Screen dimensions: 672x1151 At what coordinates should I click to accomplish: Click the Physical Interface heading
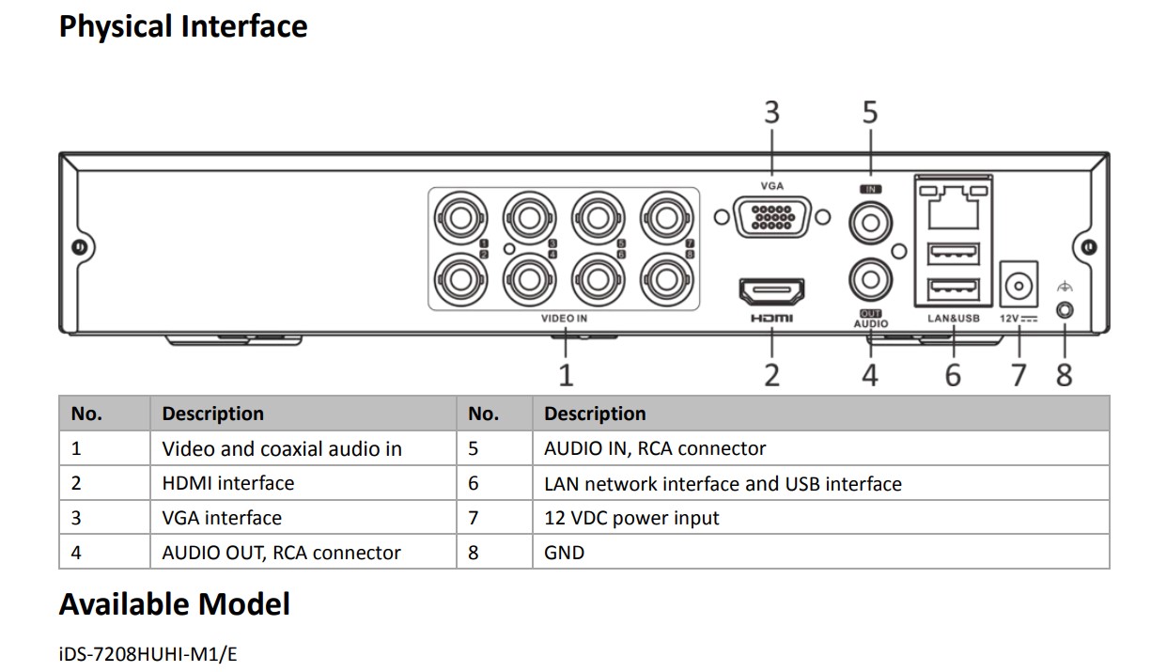[183, 26]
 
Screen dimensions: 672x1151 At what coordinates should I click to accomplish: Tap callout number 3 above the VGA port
[771, 113]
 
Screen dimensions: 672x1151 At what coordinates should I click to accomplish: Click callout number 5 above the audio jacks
[870, 113]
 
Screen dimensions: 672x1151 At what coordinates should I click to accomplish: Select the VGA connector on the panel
[770, 218]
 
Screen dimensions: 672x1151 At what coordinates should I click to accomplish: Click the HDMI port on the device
[771, 292]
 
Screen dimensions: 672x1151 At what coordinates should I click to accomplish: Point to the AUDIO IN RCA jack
[869, 223]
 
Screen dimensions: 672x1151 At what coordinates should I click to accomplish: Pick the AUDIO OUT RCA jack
[869, 279]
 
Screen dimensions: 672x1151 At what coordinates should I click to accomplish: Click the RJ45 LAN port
[954, 206]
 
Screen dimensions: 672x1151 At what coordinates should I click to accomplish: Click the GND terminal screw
[1065, 309]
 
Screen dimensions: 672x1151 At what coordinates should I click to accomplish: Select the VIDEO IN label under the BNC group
[565, 320]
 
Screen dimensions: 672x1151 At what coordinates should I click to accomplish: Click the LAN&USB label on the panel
[954, 319]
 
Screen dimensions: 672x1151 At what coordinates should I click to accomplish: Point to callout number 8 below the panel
[1064, 376]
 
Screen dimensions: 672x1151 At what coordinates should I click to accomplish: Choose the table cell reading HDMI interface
[228, 484]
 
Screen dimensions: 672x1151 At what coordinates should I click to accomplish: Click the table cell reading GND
[565, 553]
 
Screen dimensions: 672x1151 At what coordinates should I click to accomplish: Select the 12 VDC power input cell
[631, 518]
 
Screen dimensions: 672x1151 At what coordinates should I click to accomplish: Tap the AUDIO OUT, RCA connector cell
[282, 553]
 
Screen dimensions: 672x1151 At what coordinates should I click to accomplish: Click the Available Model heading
[175, 604]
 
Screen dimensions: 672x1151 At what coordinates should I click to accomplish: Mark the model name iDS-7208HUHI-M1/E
[148, 653]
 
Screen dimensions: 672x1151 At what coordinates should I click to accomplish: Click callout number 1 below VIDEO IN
[566, 376]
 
